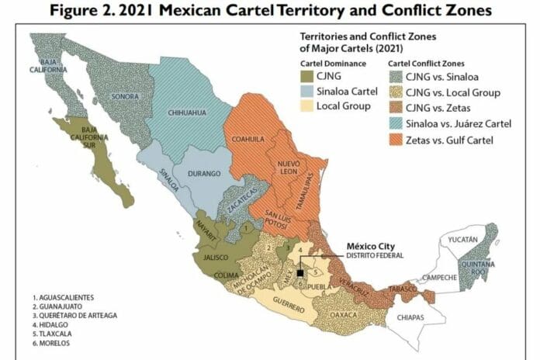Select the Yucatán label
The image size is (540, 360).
tap(463, 240)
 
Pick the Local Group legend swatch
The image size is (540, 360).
tap(308, 105)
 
